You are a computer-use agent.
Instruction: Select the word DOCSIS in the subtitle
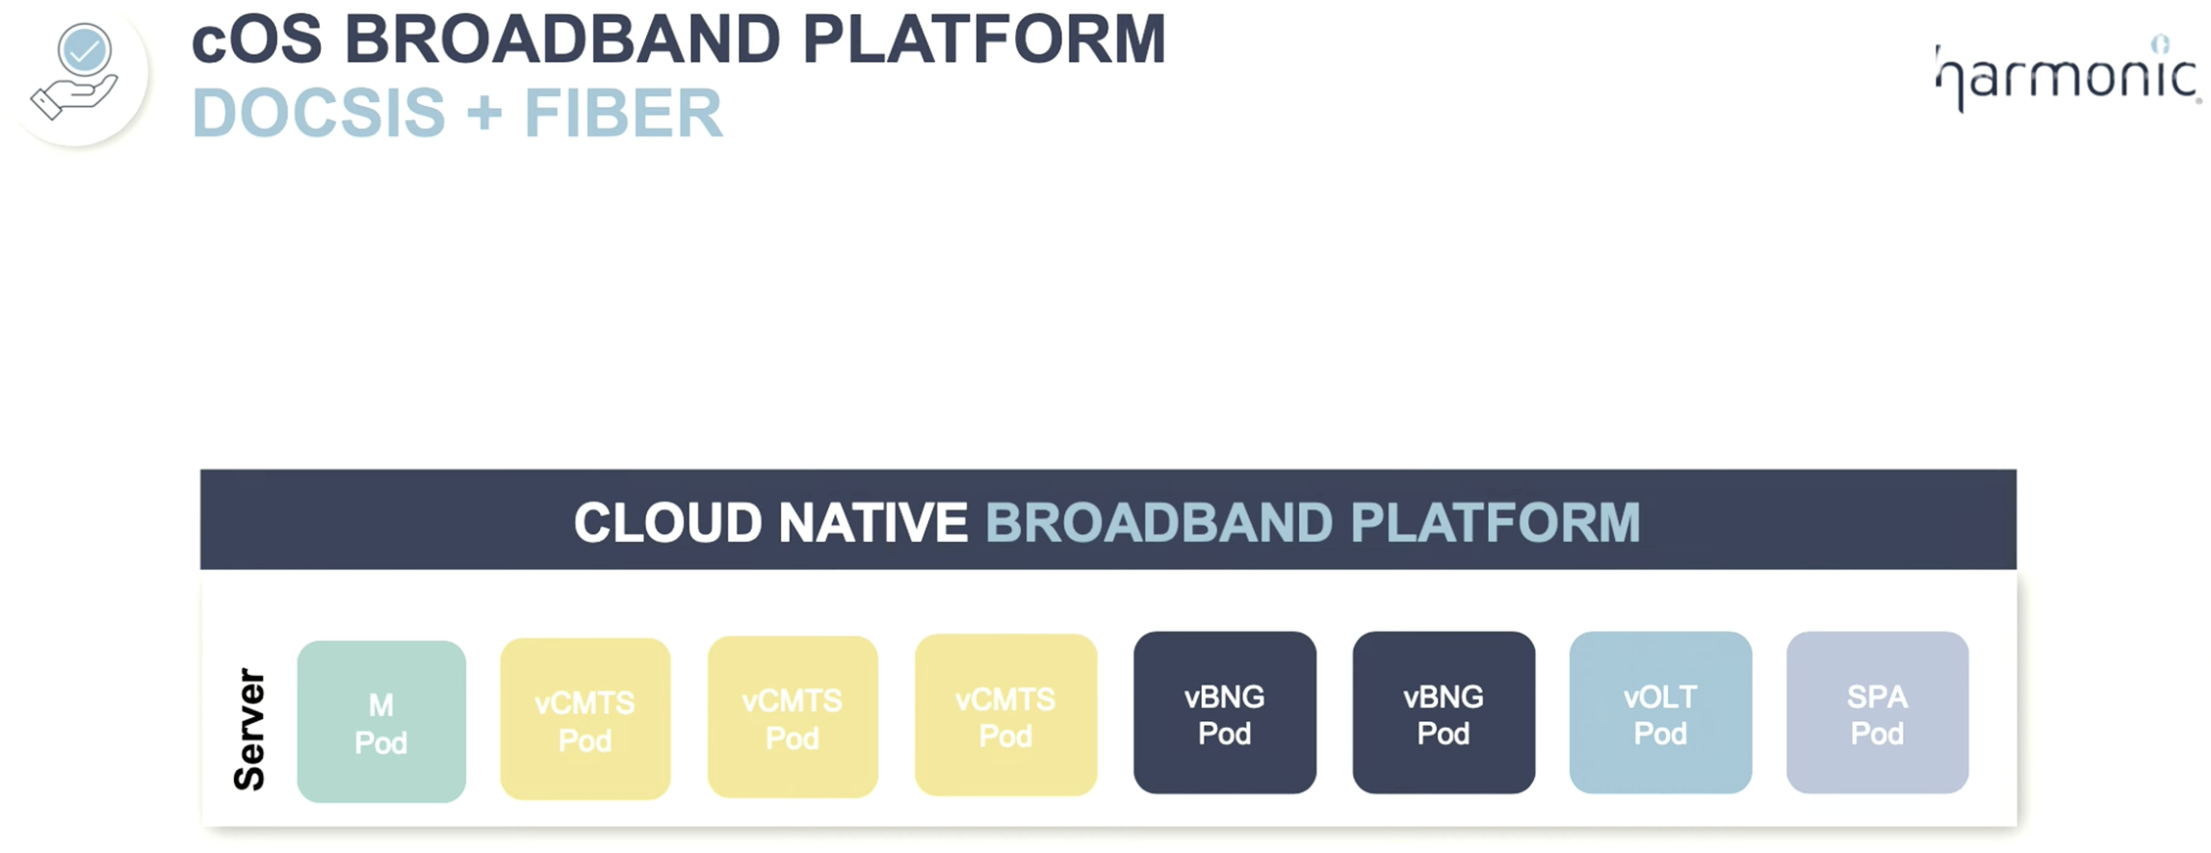point(319,114)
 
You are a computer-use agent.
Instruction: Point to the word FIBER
point(623,114)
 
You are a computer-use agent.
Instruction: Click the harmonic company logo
point(2068,74)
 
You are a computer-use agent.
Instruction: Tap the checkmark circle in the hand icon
point(85,49)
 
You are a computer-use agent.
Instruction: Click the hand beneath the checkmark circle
point(73,96)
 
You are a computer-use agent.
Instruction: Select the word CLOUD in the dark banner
point(667,523)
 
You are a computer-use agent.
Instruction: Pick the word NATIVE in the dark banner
point(872,523)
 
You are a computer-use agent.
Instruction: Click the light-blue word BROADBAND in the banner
point(1158,523)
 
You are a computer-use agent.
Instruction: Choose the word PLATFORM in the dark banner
point(1496,523)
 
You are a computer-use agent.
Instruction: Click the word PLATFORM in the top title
point(983,40)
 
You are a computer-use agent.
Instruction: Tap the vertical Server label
point(249,729)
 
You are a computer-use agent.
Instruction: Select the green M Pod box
point(381,721)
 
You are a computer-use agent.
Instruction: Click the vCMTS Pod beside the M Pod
point(585,718)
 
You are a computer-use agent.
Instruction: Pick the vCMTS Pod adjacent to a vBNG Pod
point(1005,714)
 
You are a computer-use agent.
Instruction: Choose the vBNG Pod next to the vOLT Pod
point(1444,712)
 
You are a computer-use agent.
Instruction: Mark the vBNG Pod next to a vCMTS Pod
point(1225,712)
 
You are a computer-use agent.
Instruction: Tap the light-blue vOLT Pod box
point(1660,712)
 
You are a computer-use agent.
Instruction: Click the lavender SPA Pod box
point(1877,712)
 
